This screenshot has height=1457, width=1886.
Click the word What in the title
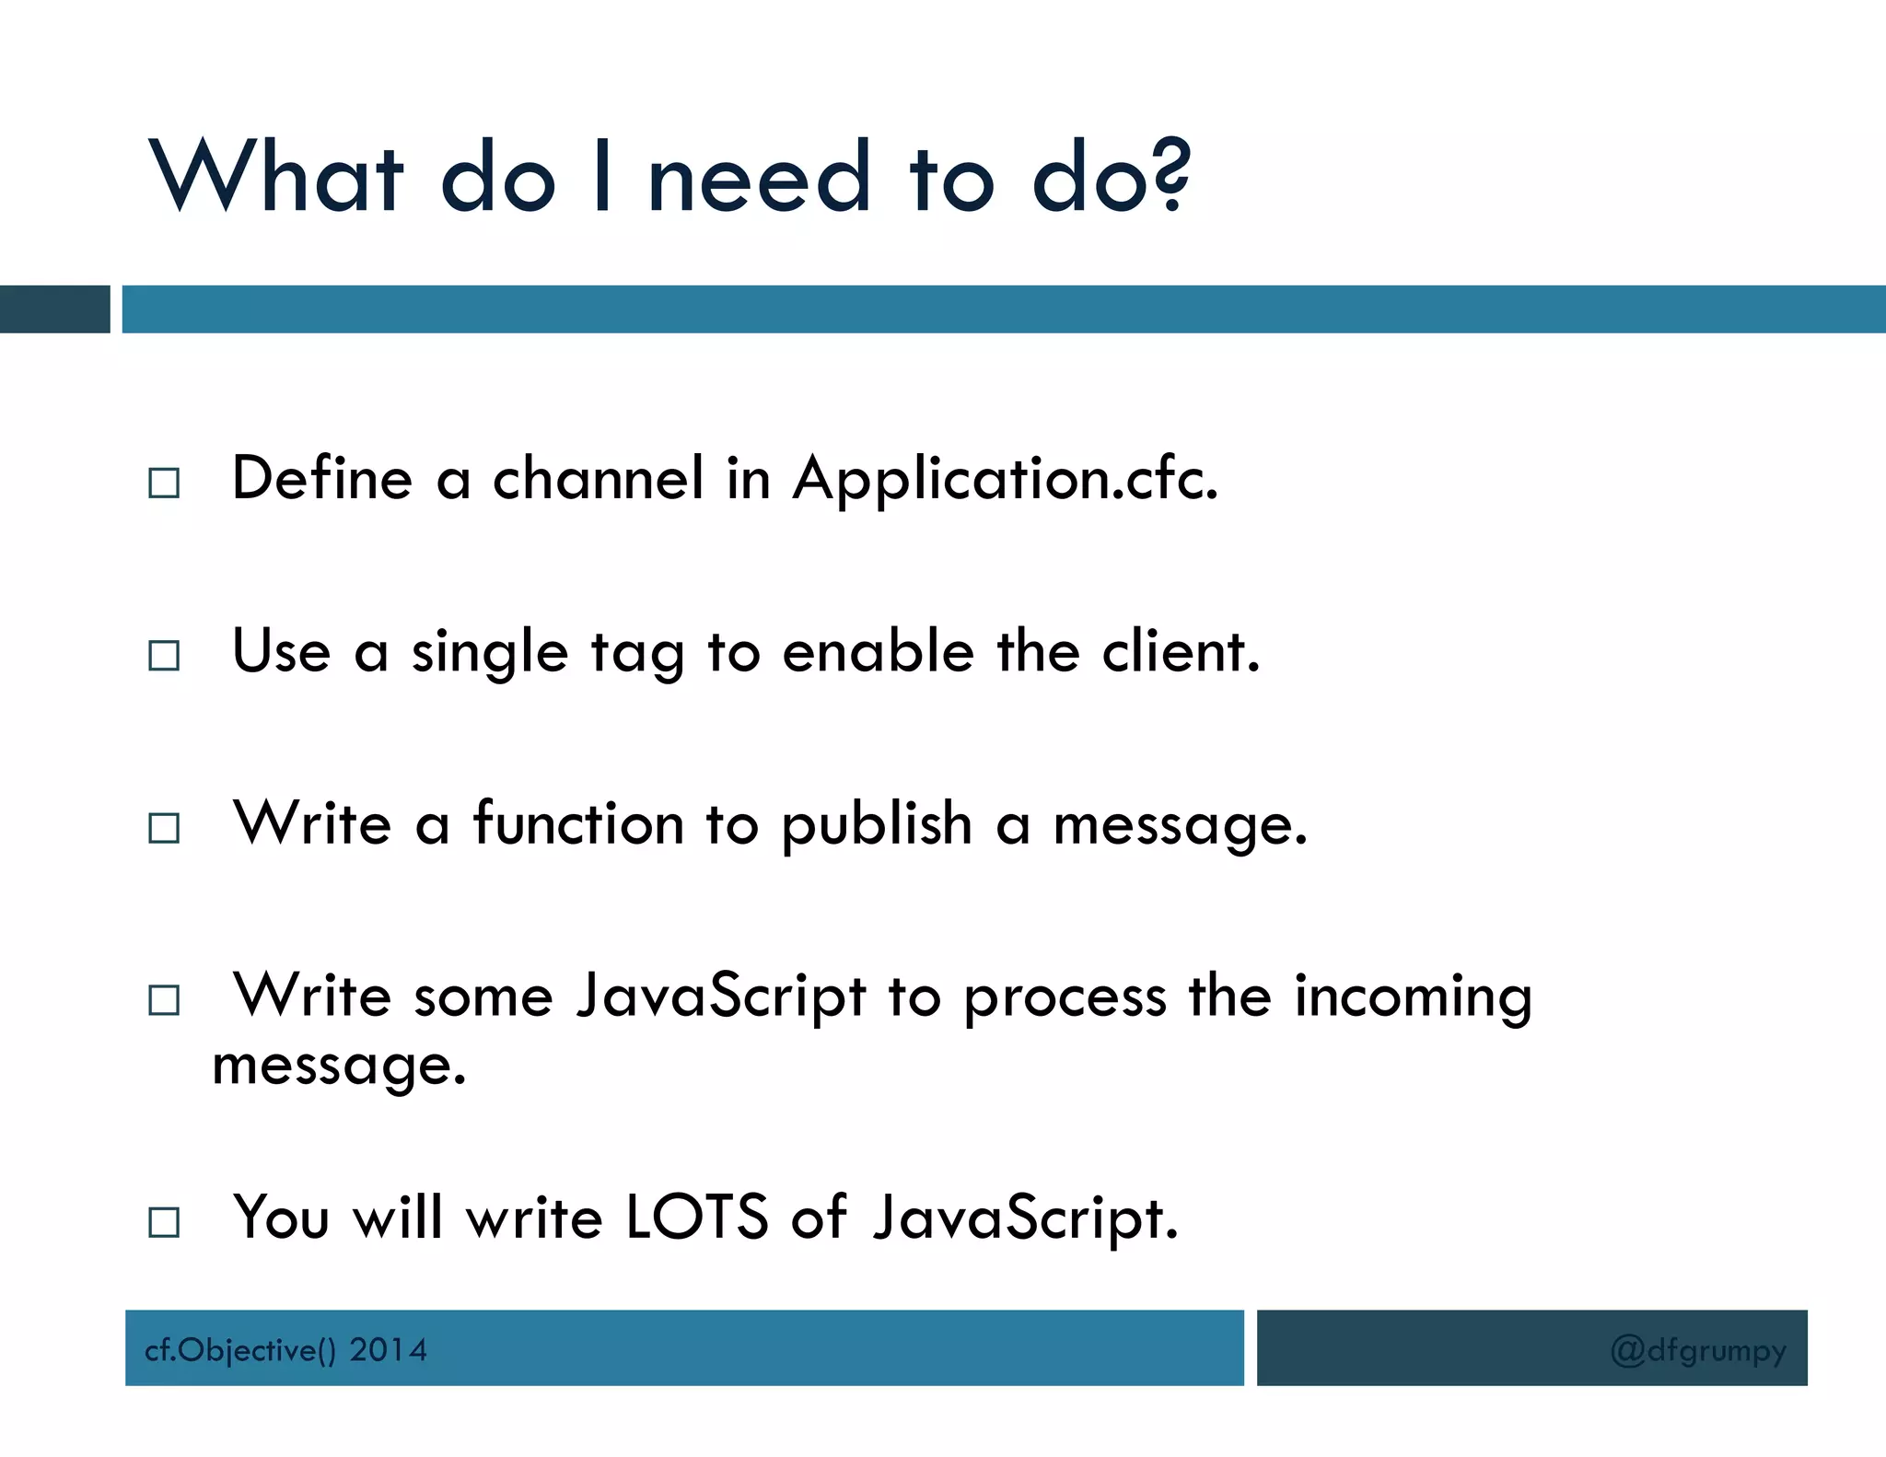tap(276, 177)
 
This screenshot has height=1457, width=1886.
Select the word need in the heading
tap(759, 177)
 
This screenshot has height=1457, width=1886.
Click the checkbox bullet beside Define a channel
tap(164, 483)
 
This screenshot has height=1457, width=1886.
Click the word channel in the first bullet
tap(599, 479)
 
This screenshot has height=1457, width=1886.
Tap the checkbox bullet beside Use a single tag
tap(164, 656)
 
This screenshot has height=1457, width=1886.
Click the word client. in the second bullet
tap(1181, 652)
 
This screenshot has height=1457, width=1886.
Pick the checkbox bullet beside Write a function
tap(164, 828)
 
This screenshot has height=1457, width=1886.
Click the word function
tap(578, 823)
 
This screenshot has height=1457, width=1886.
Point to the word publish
tap(877, 825)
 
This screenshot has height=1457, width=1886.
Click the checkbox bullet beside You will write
tap(164, 1222)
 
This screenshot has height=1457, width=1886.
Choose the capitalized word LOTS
tap(696, 1218)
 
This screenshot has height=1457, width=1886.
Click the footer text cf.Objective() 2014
tap(285, 1350)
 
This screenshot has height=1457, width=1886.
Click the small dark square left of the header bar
tap(54, 309)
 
